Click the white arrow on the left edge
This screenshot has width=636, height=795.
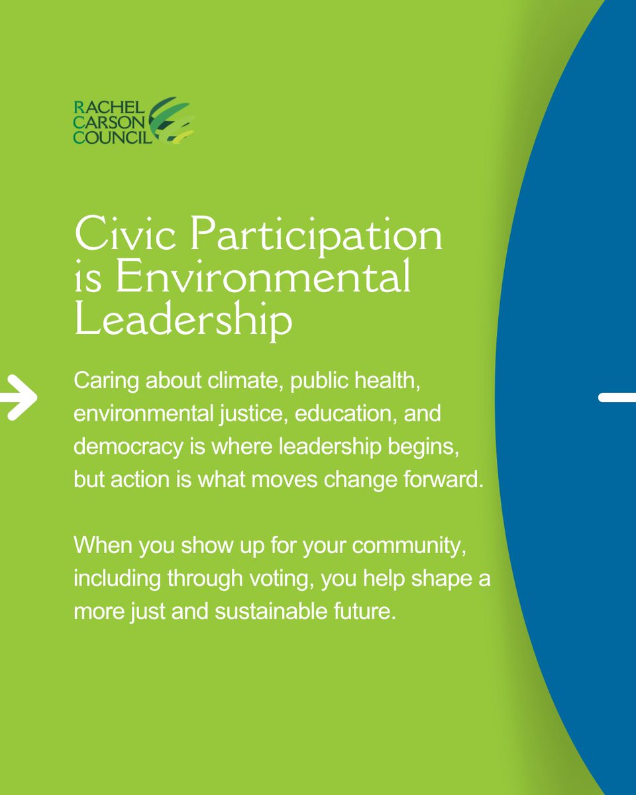coord(20,397)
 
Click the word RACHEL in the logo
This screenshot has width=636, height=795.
coord(101,106)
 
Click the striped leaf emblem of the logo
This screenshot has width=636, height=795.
coord(172,121)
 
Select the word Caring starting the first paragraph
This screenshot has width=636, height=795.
coord(100,382)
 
